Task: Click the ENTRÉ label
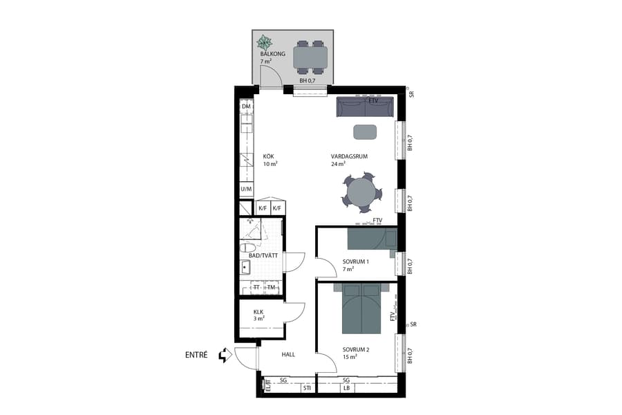pyautogui.click(x=197, y=355)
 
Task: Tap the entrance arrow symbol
pyautogui.click(x=224, y=356)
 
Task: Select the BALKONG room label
pyautogui.click(x=272, y=53)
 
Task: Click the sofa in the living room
pyautogui.click(x=364, y=107)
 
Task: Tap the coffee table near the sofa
pyautogui.click(x=365, y=131)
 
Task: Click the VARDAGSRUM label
pyautogui.click(x=349, y=157)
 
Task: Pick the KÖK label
pyautogui.click(x=269, y=157)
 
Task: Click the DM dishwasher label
pyautogui.click(x=246, y=106)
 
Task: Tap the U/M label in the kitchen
pyautogui.click(x=246, y=189)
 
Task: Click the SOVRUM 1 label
pyautogui.click(x=356, y=261)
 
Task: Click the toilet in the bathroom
pyautogui.click(x=247, y=247)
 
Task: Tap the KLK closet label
pyautogui.click(x=259, y=311)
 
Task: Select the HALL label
pyautogui.click(x=288, y=355)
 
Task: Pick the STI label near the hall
pyautogui.click(x=306, y=389)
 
